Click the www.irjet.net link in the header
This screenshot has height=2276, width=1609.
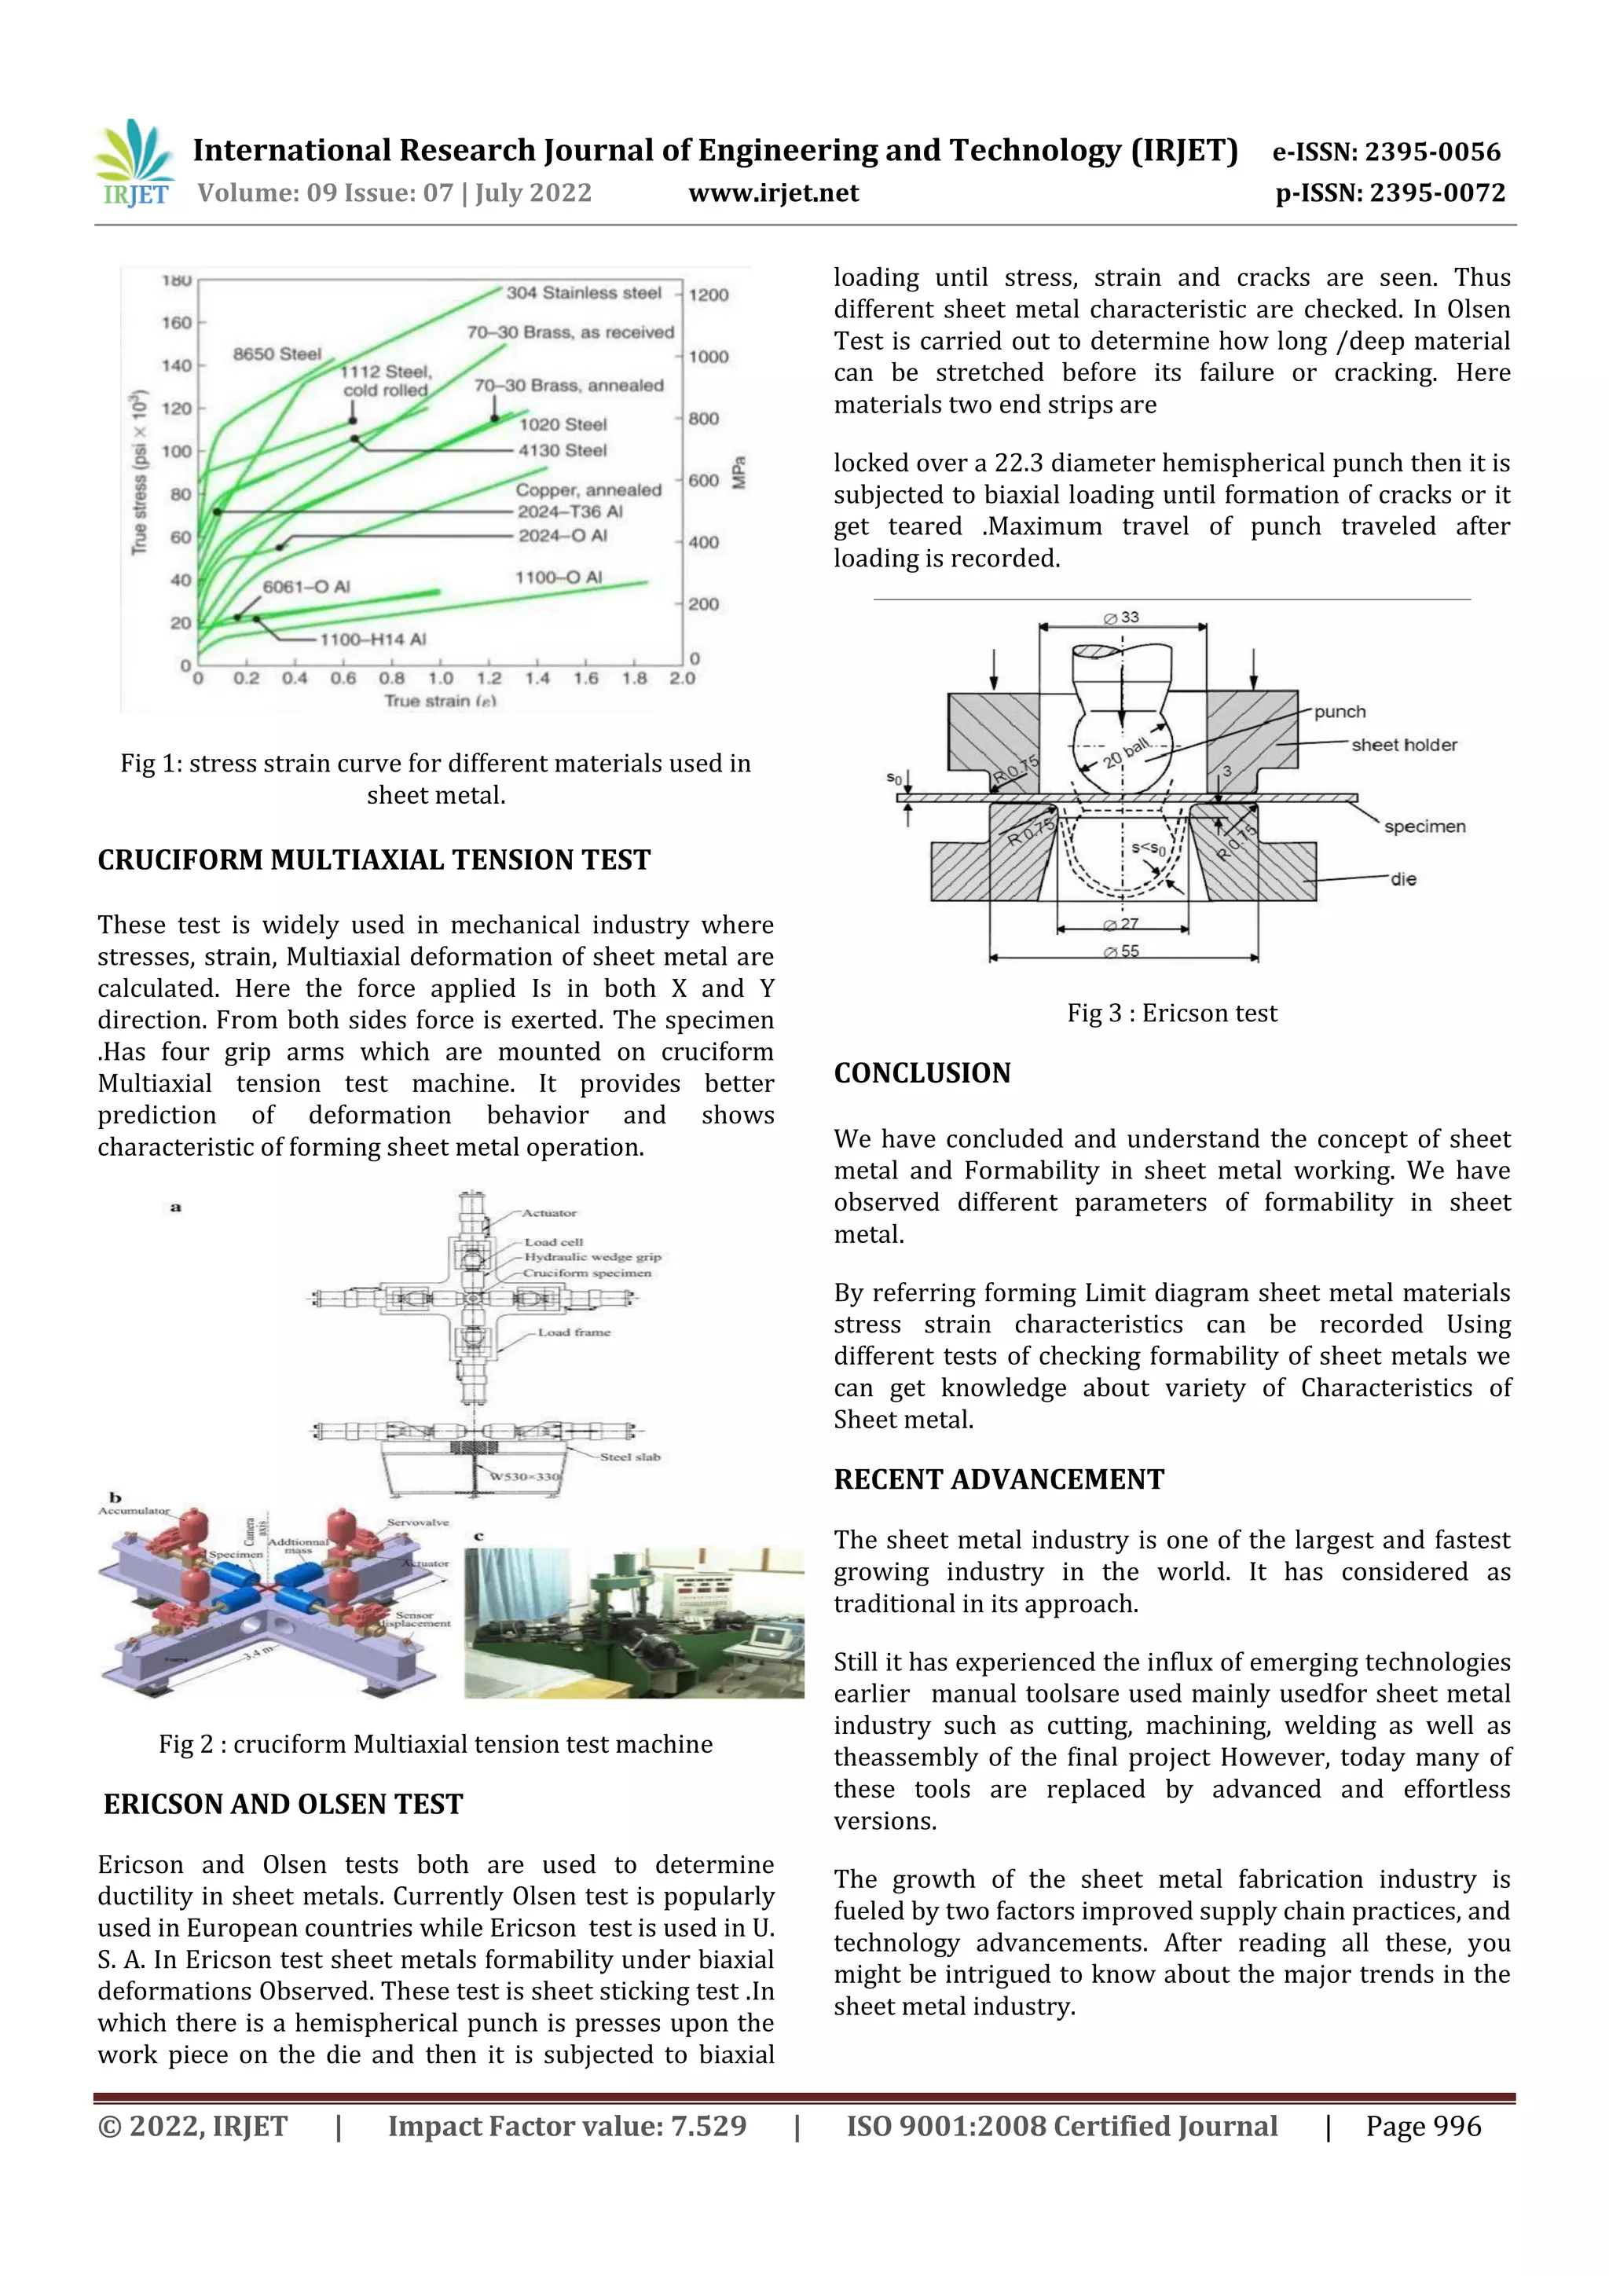click(773, 192)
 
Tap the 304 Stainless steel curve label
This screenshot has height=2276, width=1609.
click(583, 292)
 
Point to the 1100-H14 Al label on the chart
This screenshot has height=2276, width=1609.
click(372, 640)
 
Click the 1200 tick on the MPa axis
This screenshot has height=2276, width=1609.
click(709, 295)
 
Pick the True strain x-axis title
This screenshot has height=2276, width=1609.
click(440, 701)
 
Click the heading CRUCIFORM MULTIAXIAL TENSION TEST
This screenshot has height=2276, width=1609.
click(374, 859)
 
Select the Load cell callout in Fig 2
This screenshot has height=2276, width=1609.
click(553, 1241)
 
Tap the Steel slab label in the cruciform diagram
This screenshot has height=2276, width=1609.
click(629, 1457)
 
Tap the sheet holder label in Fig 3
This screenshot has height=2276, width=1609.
click(1404, 745)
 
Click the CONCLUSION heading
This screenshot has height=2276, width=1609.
click(922, 1072)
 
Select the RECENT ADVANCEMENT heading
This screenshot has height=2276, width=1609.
click(999, 1479)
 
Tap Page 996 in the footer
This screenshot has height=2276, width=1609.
click(1423, 2125)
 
